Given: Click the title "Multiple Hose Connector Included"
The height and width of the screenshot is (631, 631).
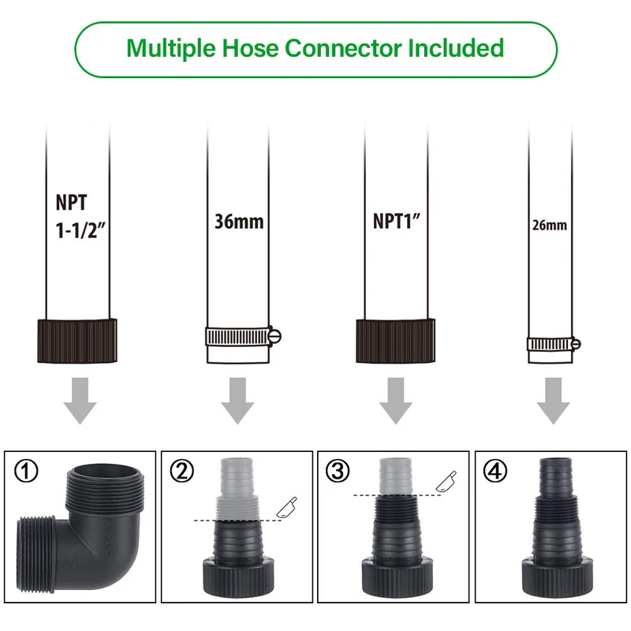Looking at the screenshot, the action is coord(315,48).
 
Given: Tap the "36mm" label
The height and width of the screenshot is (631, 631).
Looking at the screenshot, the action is coord(239,222).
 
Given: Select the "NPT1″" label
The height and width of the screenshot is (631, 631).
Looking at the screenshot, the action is coord(397,221).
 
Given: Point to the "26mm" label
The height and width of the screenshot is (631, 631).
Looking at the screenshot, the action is coord(550,225).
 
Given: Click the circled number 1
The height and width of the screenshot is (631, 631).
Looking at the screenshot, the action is coord(27,473).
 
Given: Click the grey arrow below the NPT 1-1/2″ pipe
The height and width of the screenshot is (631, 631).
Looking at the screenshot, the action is coord(78,401).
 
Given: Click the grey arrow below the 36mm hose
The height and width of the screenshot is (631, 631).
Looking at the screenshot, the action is coord(237,401).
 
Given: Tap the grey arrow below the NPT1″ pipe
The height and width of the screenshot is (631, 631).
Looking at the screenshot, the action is coord(396,401).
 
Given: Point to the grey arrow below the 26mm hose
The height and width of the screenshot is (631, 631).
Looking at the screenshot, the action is coord(553,401).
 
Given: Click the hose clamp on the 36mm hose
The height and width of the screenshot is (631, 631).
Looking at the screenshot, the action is coord(240,337).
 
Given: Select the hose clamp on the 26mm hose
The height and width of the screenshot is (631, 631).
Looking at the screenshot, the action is coord(554,344).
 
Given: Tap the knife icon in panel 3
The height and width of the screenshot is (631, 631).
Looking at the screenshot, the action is coord(443,479).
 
